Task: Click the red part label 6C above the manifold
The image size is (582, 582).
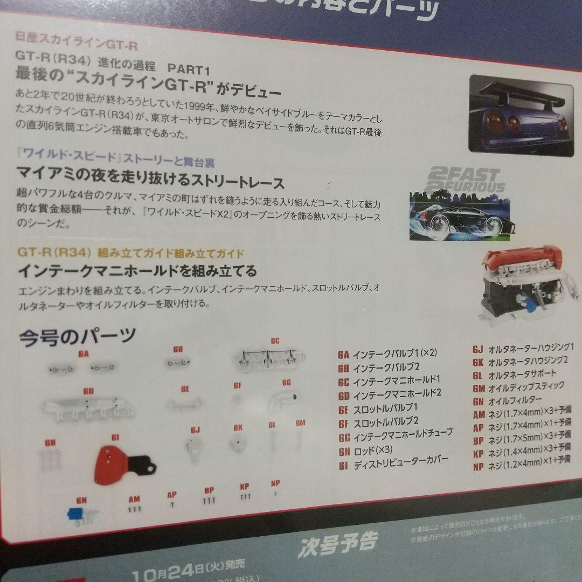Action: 275,341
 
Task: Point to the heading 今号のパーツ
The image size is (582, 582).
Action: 77,337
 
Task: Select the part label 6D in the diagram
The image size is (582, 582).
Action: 88,391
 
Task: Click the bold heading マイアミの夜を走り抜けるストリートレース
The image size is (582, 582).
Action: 150,183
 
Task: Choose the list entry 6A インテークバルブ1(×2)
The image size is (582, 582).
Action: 387,354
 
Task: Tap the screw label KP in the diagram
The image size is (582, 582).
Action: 244,487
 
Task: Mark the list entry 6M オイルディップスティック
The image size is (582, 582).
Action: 518,387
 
